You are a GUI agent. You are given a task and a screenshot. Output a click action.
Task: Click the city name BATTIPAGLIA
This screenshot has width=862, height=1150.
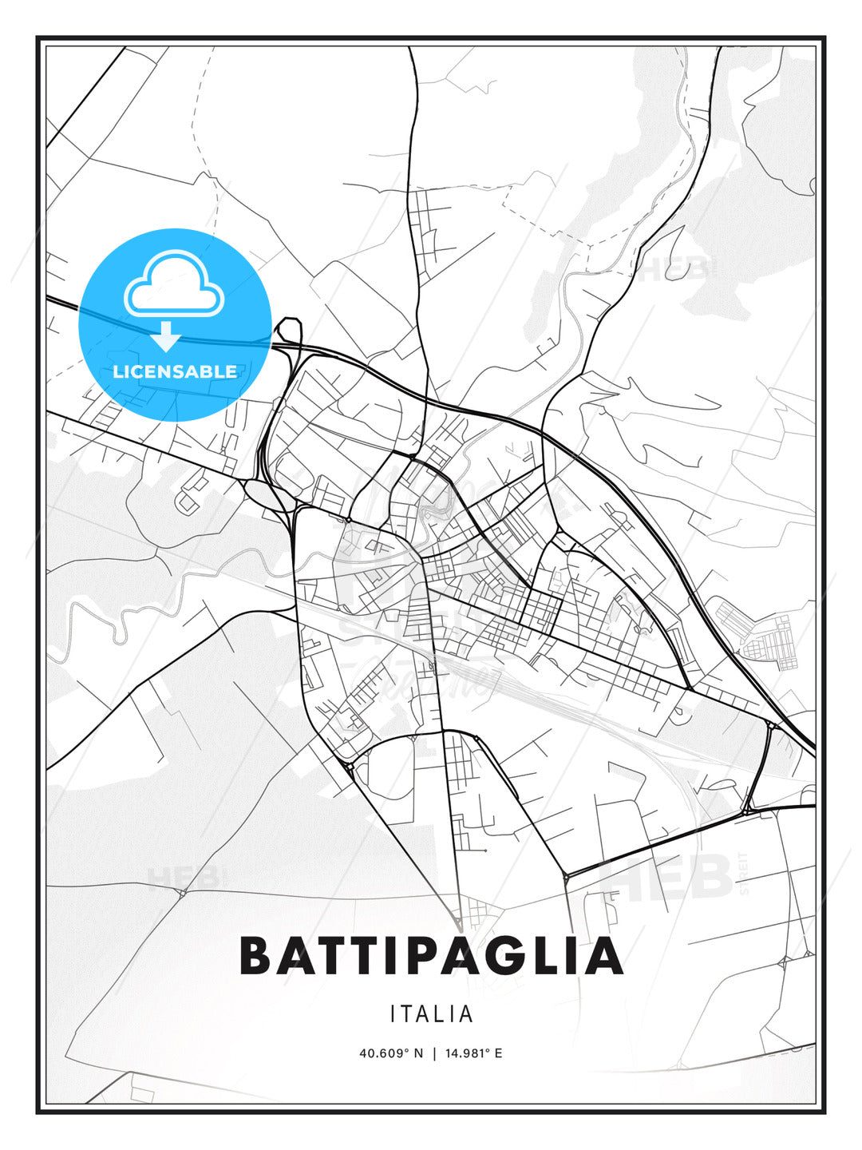[431, 956]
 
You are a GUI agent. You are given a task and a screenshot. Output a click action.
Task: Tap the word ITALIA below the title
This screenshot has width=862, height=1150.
[432, 1014]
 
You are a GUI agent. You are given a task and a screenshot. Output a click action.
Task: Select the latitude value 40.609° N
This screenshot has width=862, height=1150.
[391, 1053]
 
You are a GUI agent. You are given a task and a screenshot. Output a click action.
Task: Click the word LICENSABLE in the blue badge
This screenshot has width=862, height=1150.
[175, 371]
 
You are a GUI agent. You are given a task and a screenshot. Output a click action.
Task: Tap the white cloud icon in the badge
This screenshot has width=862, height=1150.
[173, 284]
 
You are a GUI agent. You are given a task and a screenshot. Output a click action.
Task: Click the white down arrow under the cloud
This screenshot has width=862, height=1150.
[166, 337]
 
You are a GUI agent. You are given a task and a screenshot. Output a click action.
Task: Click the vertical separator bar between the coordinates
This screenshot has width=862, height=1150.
[434, 1053]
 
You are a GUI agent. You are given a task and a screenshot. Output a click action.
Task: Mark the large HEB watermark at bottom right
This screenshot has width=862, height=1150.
[670, 877]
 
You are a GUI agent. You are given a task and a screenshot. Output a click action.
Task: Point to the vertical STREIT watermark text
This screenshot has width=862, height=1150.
[745, 872]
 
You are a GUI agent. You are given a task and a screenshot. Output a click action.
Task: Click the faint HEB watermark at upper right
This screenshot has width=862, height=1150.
[678, 270]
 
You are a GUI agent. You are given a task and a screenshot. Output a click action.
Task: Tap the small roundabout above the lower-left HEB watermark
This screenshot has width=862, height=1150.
[183, 892]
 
